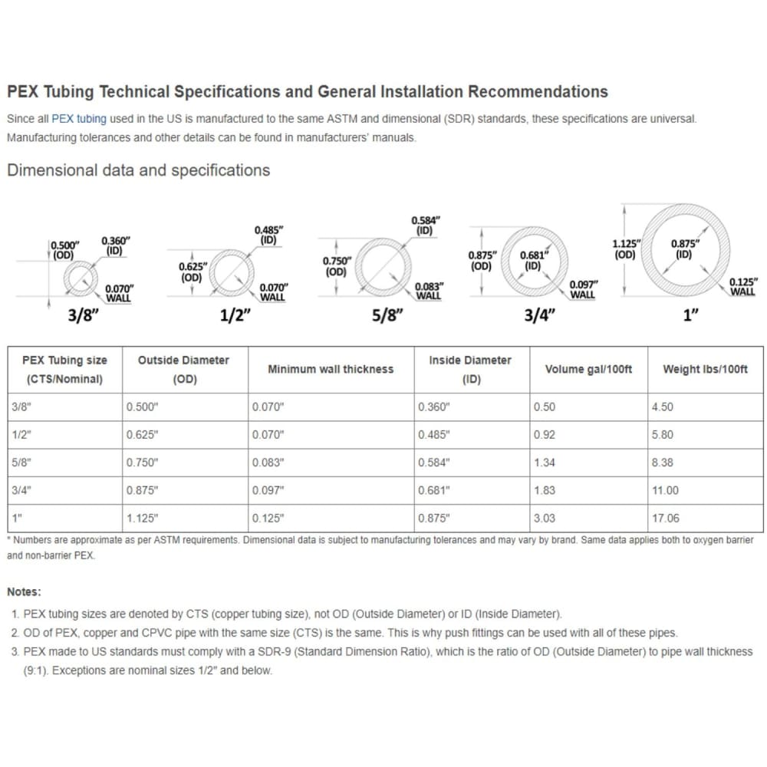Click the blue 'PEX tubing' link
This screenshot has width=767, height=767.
click(79, 119)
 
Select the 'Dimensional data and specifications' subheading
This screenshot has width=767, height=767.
click(138, 170)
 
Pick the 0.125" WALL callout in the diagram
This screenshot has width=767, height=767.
click(742, 286)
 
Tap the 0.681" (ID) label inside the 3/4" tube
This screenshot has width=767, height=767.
click(533, 261)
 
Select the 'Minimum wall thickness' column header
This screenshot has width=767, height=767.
click(330, 369)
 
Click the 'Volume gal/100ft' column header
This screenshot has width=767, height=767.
click(588, 369)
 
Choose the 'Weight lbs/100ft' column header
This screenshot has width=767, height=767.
click(705, 369)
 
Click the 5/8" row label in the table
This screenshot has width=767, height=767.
click(21, 463)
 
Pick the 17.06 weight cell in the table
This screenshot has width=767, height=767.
click(665, 518)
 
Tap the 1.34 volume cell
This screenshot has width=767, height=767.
click(545, 463)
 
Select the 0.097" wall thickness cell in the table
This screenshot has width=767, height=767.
click(268, 490)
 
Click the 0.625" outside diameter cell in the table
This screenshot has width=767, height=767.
click(142, 435)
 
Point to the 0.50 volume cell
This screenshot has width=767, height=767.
click(545, 407)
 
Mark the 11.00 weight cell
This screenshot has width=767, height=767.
click(665, 490)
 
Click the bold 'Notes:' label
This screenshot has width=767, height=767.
click(25, 591)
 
